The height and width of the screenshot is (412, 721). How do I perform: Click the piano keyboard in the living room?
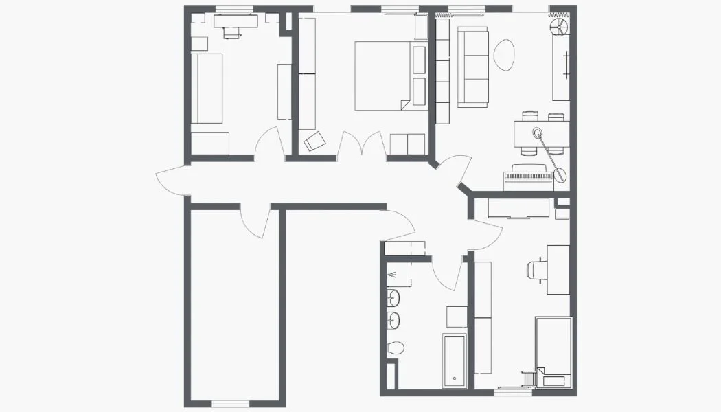pos(528,177)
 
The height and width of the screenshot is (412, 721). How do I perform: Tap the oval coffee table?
pos(504,55)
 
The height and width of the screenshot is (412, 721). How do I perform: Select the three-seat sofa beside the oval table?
pos(472,67)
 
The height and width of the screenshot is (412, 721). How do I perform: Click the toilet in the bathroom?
pos(395,347)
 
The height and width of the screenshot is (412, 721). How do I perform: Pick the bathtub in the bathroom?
pos(455,361)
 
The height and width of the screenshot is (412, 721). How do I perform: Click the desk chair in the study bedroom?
pos(534,270)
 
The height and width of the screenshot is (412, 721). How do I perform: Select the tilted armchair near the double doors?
pos(315,141)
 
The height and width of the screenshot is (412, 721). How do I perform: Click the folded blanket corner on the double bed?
pos(404,104)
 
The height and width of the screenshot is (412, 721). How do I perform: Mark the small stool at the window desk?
pos(231,32)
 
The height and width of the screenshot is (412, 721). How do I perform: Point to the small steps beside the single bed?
pos(529,378)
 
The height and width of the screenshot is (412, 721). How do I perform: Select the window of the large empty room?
pos(230,403)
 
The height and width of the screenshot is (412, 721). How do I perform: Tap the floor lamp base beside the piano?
pos(560,176)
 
